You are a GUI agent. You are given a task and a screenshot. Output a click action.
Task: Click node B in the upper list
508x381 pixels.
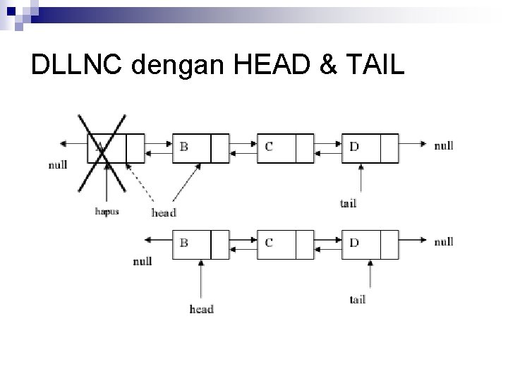pyautogui.click(x=200, y=148)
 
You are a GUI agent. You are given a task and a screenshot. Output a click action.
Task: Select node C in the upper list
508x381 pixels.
pyautogui.click(x=285, y=148)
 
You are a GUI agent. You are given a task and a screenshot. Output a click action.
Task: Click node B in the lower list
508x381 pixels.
pyautogui.click(x=200, y=244)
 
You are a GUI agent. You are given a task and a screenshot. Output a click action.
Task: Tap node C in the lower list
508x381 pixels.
pyautogui.click(x=285, y=244)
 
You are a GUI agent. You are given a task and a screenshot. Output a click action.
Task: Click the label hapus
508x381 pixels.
pyautogui.click(x=106, y=210)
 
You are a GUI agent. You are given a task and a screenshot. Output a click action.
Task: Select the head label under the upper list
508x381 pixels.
pyautogui.click(x=164, y=212)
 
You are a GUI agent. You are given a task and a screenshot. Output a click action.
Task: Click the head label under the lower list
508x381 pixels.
pyautogui.click(x=201, y=308)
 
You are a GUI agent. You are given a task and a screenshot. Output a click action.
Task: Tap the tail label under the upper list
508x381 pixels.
pyautogui.click(x=348, y=203)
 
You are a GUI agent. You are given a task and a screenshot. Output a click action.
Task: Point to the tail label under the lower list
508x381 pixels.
pyautogui.click(x=357, y=299)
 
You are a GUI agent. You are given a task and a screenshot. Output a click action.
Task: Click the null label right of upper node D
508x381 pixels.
pyautogui.click(x=443, y=145)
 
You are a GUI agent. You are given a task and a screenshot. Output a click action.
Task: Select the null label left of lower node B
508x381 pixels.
pyautogui.click(x=143, y=261)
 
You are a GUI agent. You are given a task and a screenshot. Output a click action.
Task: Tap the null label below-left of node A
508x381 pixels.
pyautogui.click(x=59, y=166)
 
